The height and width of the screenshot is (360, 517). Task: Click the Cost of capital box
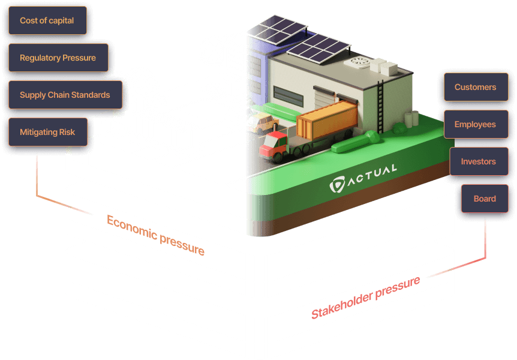[47, 20]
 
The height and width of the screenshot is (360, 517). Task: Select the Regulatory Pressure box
[58, 58]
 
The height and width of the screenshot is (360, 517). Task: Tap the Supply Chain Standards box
[65, 95]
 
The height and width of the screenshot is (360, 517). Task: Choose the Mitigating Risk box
[47, 132]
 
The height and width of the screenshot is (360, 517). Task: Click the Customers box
[475, 87]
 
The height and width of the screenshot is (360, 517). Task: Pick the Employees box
[475, 124]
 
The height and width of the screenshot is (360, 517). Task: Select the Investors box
[478, 161]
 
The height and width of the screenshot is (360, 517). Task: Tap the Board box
[485, 199]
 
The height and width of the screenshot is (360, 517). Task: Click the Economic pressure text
[155, 235]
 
